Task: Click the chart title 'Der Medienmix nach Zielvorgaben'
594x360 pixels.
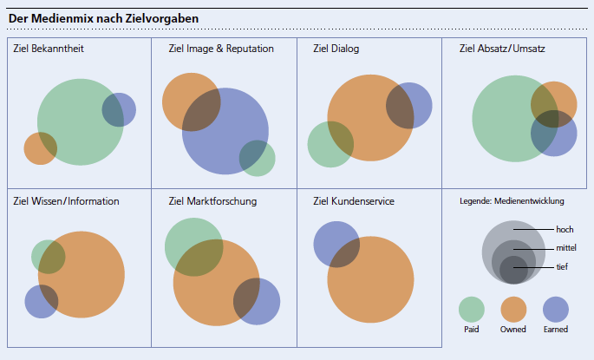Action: (103, 19)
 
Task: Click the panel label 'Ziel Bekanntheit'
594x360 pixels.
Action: (49, 49)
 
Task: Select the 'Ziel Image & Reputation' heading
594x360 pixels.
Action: (221, 49)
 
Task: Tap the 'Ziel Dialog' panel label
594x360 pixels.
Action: (336, 49)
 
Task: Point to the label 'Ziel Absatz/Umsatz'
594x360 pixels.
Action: (502, 49)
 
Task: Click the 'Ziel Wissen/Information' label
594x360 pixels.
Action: (67, 201)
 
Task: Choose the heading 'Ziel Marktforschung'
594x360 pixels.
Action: (212, 201)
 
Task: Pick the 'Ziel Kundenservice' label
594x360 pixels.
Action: (354, 201)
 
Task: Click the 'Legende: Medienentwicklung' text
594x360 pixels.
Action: (512, 201)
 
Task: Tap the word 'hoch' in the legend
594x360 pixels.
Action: (565, 230)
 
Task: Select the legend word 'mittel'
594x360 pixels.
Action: (566, 248)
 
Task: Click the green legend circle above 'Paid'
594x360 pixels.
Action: (471, 309)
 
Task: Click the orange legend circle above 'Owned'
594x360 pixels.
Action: (513, 309)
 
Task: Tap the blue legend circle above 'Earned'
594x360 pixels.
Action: (555, 309)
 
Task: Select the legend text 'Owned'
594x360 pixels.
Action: (513, 330)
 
